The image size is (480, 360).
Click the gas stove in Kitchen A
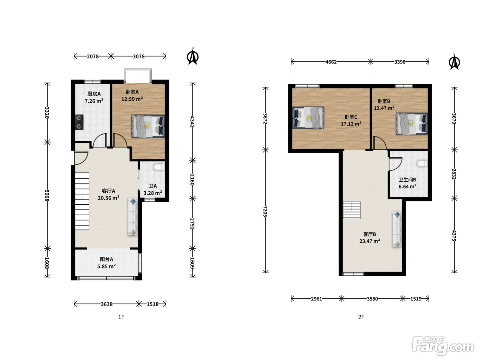pos(79,122)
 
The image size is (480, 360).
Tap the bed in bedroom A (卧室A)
pos(148,126)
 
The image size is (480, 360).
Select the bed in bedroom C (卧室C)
pos(308,118)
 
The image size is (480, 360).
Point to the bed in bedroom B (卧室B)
pos(411,124)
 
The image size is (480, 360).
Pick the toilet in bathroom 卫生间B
pos(422,164)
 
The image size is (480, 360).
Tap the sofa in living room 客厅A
pos(132,217)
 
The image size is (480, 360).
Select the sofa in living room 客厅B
pos(397,229)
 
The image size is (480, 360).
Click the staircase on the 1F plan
pos(82,201)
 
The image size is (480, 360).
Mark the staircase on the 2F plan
pos(352,210)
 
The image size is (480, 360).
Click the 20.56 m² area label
pos(108,198)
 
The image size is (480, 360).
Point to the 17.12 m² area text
pos(351,124)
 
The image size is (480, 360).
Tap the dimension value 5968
pos(47,195)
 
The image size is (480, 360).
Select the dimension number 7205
pos(265,211)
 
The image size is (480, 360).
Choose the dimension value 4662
pos(331,62)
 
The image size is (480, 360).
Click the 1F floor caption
pos(121,317)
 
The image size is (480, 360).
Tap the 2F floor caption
pos(361,317)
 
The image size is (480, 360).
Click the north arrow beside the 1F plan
pos(193,56)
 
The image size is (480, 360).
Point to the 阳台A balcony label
pos(107,259)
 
